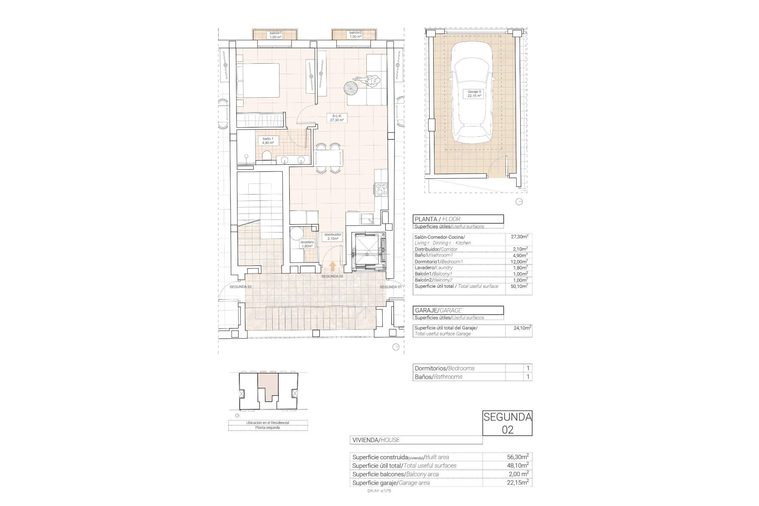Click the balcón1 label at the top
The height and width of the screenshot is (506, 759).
tap(276, 35)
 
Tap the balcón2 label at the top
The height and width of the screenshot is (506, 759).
tap(355, 35)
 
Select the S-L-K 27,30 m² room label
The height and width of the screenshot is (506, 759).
tap(337, 118)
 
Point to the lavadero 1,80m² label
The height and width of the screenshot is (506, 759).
tap(307, 244)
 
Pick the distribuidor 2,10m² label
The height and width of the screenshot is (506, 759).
tap(333, 236)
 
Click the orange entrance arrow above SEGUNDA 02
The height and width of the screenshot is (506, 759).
tap(333, 266)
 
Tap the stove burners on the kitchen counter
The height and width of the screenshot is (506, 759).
tap(381, 190)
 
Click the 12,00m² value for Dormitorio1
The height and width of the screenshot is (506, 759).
tap(519, 262)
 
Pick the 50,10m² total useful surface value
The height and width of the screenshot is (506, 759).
tap(519, 286)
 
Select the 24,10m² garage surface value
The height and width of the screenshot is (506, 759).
tap(519, 328)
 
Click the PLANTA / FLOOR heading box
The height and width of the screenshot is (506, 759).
tap(458, 219)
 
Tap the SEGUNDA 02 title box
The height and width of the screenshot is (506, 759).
tap(507, 423)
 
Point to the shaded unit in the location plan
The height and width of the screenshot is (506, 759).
tap(268, 385)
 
